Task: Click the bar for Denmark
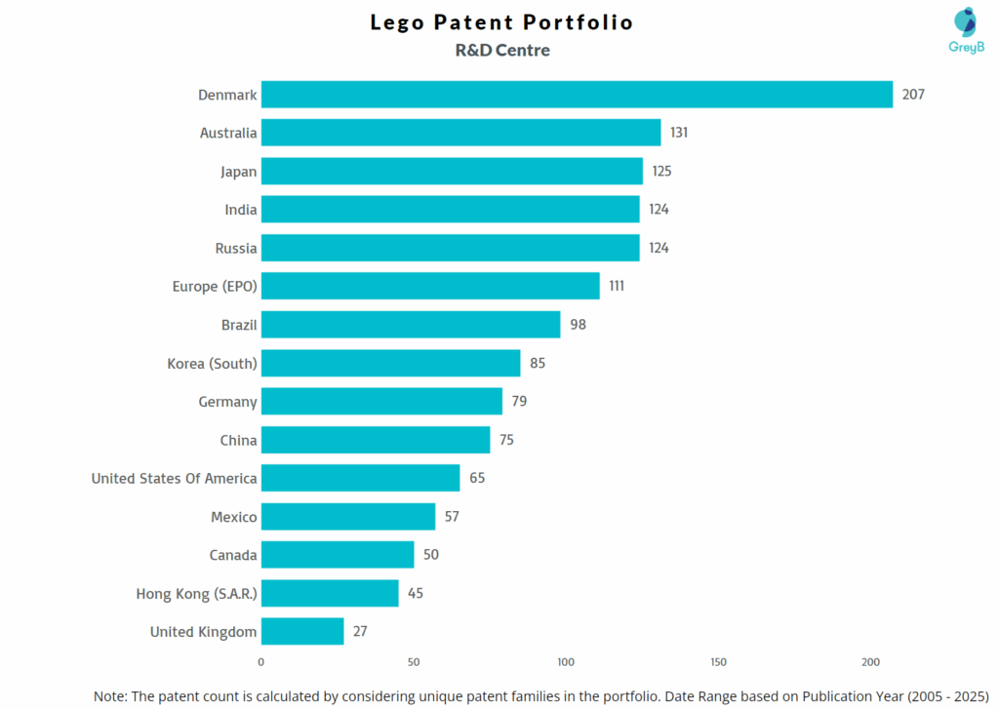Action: pyautogui.click(x=577, y=95)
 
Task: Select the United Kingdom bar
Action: pyautogui.click(x=302, y=631)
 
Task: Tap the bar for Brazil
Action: pyautogui.click(x=411, y=325)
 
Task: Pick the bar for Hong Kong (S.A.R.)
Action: pyautogui.click(x=330, y=593)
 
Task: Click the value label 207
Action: pyautogui.click(x=913, y=95)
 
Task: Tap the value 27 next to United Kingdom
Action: pyautogui.click(x=360, y=631)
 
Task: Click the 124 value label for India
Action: pyautogui.click(x=659, y=210)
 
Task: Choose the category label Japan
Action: pyautogui.click(x=238, y=172)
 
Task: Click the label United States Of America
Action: pyautogui.click(x=174, y=478)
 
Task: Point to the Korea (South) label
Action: pyautogui.click(x=212, y=364)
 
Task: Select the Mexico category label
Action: pyautogui.click(x=234, y=517)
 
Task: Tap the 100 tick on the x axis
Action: pyautogui.click(x=566, y=663)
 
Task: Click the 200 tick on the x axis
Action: pyautogui.click(x=871, y=663)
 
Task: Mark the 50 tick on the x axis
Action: pyautogui.click(x=414, y=663)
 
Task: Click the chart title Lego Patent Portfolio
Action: pyautogui.click(x=501, y=22)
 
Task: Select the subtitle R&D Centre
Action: pyautogui.click(x=501, y=50)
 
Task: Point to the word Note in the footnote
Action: pyautogui.click(x=111, y=696)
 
